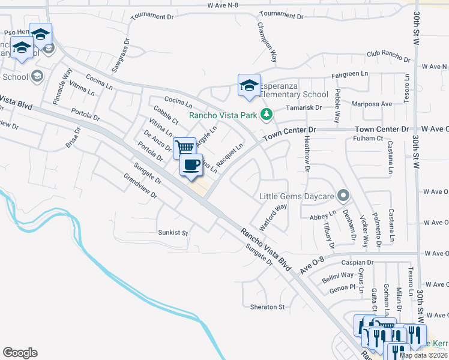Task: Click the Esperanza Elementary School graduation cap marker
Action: [x=249, y=85]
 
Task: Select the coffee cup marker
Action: [x=191, y=165]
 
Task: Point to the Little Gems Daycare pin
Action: [x=343, y=195]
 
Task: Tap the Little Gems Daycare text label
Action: [x=297, y=196]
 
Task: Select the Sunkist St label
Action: [x=173, y=232]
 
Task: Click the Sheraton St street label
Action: [x=267, y=307]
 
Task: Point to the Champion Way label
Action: [x=267, y=43]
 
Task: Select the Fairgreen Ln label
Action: [x=349, y=74]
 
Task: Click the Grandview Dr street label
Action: [x=139, y=187]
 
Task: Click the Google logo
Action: [x=20, y=353]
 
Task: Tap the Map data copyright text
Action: [x=424, y=355]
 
